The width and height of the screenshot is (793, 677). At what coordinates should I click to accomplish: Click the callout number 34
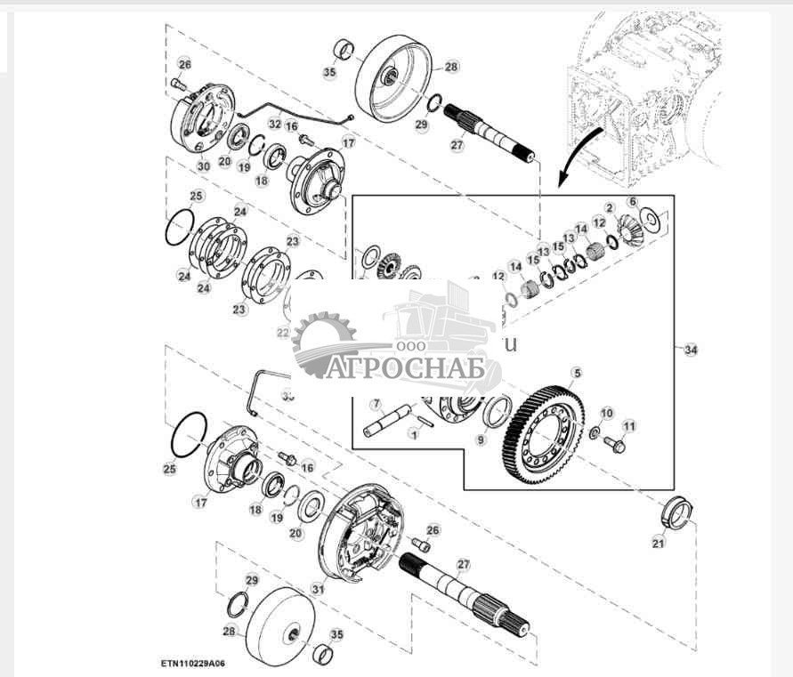click(691, 351)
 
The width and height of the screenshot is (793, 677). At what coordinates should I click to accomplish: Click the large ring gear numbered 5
click(544, 428)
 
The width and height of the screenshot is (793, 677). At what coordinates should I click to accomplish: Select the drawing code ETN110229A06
click(193, 664)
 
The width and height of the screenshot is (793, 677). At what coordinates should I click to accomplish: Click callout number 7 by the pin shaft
click(376, 403)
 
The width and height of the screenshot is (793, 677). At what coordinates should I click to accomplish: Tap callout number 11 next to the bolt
click(629, 426)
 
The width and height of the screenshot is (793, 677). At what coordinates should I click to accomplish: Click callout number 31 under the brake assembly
click(319, 589)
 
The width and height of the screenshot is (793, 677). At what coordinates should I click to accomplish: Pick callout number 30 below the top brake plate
click(204, 165)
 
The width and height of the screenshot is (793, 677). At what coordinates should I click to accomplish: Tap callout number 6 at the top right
click(633, 202)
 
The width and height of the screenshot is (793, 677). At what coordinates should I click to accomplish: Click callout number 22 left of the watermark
click(283, 333)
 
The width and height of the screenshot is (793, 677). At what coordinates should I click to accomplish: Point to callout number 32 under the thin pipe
click(275, 125)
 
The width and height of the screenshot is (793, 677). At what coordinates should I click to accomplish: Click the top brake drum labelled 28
click(393, 78)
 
